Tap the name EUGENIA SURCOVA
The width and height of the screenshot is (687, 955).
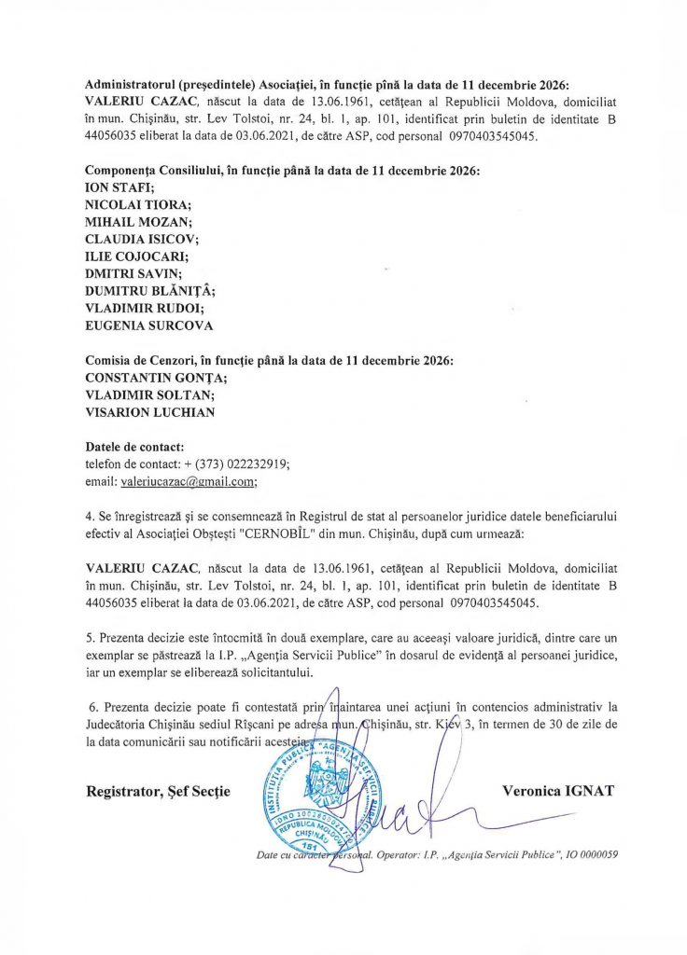click(x=149, y=325)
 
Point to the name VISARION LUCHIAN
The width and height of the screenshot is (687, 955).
click(x=149, y=410)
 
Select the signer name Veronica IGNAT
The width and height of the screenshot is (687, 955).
click(x=558, y=791)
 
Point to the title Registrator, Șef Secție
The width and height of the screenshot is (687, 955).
click(x=158, y=791)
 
